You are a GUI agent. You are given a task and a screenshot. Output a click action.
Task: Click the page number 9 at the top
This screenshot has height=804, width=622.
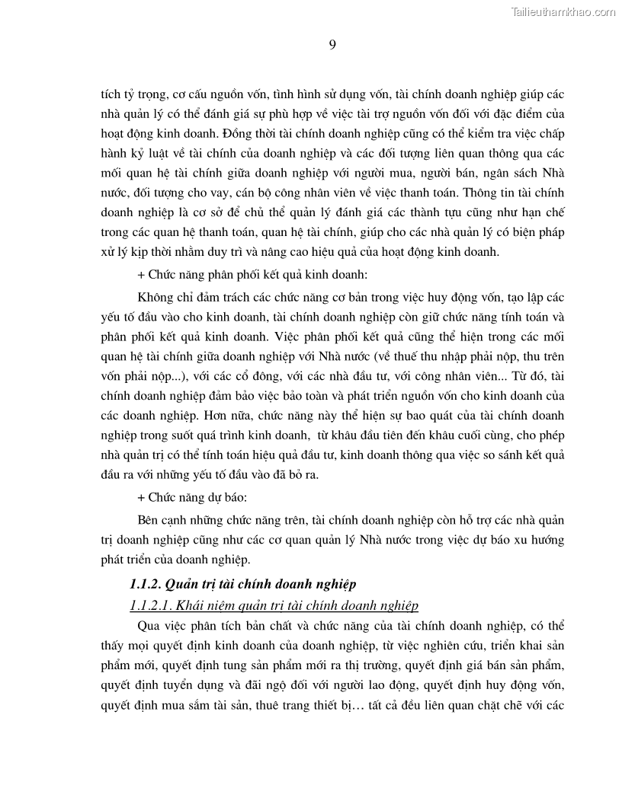tap(332, 44)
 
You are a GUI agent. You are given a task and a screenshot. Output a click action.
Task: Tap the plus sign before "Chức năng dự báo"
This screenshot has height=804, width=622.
tap(141, 498)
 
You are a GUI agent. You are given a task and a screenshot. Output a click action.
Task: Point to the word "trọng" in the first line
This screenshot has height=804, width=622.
tap(146, 97)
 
